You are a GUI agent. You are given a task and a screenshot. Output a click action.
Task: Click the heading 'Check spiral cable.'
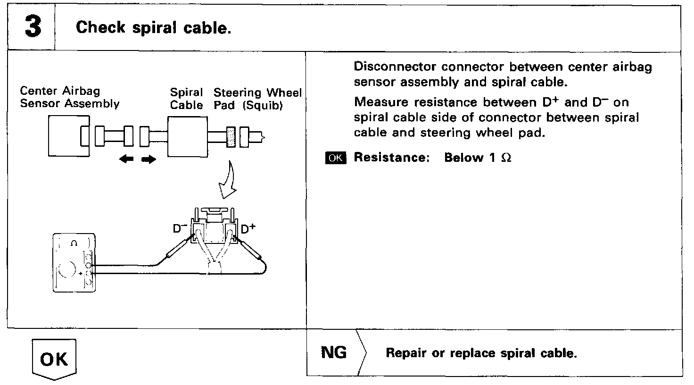coord(153,28)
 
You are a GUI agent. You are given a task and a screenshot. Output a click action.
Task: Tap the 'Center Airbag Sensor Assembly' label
coord(69,97)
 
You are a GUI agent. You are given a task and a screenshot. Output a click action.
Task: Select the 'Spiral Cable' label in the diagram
coord(186,99)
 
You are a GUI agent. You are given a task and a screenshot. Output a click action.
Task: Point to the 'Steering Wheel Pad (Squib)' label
coord(257,99)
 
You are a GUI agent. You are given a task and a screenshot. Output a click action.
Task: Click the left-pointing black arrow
coord(127,160)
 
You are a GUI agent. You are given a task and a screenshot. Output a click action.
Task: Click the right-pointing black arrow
coord(149,160)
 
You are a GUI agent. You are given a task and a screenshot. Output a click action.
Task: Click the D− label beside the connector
coord(180,229)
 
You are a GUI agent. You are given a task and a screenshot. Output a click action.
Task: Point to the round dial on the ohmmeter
coord(66,270)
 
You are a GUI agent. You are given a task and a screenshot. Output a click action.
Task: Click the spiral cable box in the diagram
coord(187,137)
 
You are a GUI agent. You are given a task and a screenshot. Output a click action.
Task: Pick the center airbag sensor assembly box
coord(68,137)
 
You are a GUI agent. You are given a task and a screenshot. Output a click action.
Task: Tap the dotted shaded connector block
coord(231,137)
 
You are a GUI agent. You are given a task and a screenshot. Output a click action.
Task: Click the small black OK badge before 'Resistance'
coord(335,158)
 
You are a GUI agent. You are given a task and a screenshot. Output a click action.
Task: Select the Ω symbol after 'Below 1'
coord(506,158)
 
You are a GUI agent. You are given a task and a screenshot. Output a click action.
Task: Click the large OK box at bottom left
coord(53,359)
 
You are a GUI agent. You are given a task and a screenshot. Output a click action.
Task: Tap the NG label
coord(334,352)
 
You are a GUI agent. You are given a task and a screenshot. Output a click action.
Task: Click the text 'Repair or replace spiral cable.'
coord(481,353)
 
